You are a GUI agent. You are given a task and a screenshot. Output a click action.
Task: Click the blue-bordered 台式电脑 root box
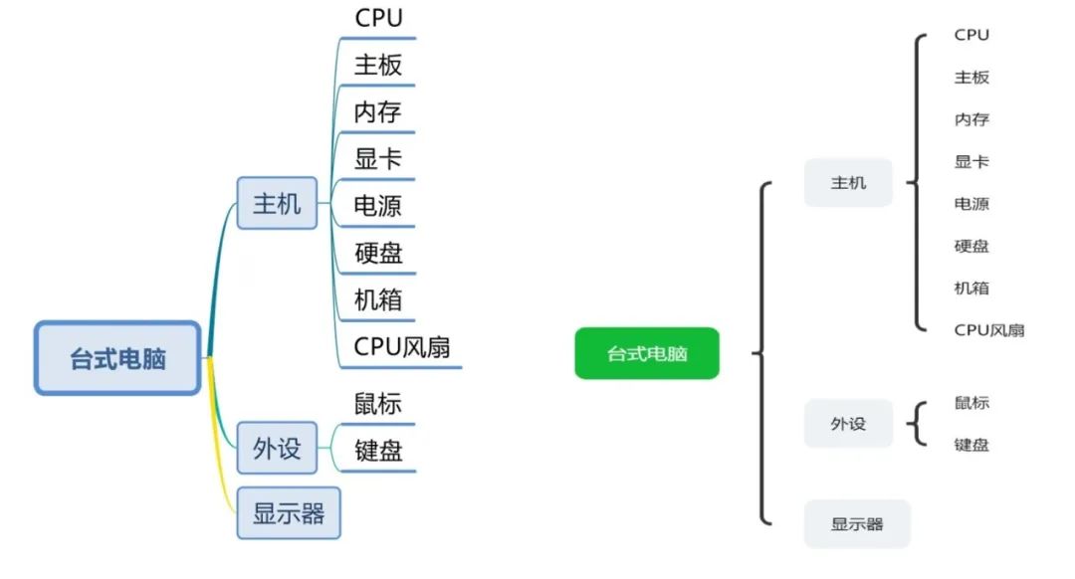[x=117, y=358]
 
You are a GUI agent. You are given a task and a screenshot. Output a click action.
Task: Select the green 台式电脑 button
[x=646, y=353]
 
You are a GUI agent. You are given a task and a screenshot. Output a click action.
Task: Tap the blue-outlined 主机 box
[x=277, y=203]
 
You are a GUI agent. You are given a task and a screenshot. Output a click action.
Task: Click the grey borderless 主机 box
[x=848, y=183]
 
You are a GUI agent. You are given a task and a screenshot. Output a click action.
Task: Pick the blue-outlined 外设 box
[x=277, y=448]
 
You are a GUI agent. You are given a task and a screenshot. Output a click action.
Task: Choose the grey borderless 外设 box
[x=848, y=424]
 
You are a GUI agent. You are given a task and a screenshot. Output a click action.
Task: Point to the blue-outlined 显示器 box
[x=289, y=513]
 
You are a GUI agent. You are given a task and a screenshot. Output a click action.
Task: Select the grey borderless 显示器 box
[x=857, y=524]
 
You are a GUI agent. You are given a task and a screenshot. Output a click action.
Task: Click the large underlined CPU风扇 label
[x=402, y=347]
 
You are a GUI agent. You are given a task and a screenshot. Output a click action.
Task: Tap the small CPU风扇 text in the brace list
[x=988, y=330]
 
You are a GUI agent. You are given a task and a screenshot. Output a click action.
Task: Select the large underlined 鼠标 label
[x=378, y=404]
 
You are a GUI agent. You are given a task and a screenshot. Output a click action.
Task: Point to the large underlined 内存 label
[x=378, y=112]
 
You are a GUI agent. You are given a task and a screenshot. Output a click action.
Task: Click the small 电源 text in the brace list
[x=971, y=204]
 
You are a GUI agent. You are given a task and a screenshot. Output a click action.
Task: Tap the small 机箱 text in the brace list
[x=971, y=289]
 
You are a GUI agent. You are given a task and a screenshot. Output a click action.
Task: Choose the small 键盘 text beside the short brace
[x=971, y=445]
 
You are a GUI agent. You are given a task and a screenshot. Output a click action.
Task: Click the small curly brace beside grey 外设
[x=916, y=425]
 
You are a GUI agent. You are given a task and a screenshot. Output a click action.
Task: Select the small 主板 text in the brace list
[x=971, y=78]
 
